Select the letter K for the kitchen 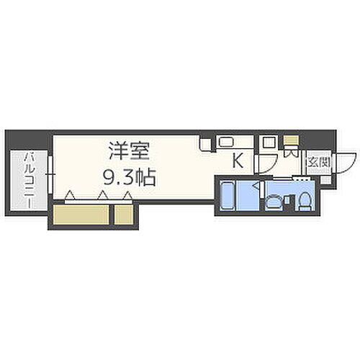(236, 162)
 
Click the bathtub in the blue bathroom (232, 196)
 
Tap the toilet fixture (303, 201)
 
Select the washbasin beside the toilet (274, 202)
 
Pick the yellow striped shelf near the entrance (290, 141)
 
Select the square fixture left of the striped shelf (269, 143)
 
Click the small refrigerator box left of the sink (206, 144)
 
